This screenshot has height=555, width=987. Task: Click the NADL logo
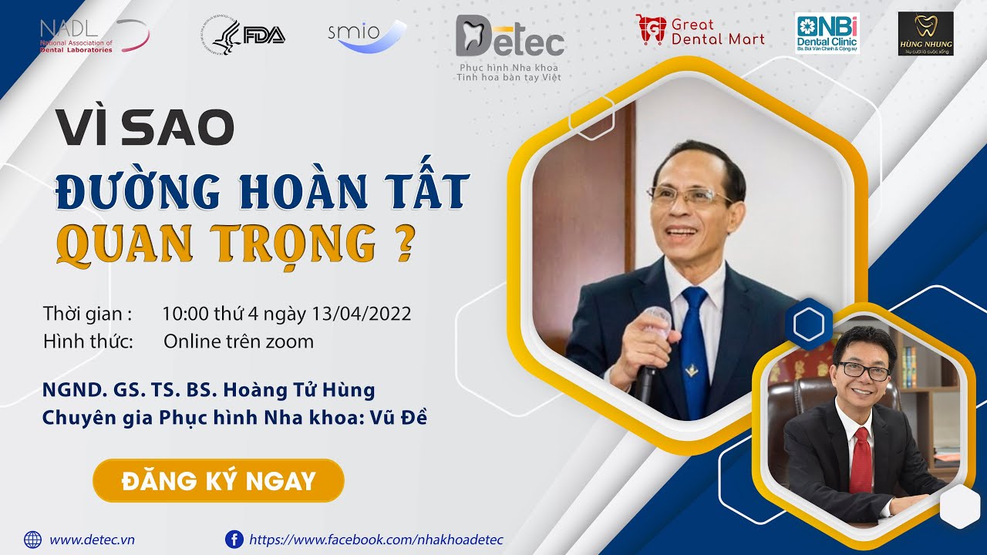click(x=93, y=35)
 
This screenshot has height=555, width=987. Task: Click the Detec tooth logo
click(x=509, y=39)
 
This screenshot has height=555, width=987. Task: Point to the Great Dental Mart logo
click(x=700, y=32)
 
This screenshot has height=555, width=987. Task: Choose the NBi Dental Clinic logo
click(x=827, y=33)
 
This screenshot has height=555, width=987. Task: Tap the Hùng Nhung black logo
click(x=925, y=34)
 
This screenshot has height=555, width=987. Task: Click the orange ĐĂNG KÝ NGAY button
click(x=218, y=481)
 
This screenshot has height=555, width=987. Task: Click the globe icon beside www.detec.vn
click(x=33, y=540)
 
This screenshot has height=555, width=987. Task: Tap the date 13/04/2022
click(x=362, y=314)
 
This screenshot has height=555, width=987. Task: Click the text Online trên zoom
click(x=238, y=341)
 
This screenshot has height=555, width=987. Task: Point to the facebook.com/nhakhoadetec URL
click(x=376, y=540)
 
